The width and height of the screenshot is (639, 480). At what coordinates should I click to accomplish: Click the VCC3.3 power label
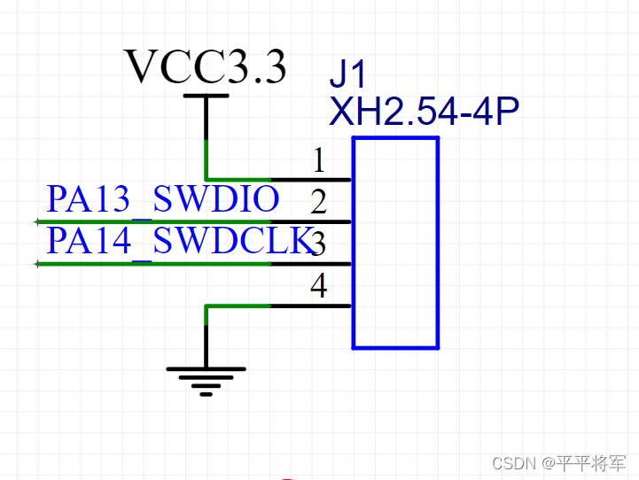(x=206, y=66)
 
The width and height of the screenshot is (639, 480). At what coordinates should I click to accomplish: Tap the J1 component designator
(x=347, y=72)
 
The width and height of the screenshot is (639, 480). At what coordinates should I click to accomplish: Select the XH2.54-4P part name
(x=424, y=112)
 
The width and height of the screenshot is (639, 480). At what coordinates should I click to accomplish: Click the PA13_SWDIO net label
(x=163, y=199)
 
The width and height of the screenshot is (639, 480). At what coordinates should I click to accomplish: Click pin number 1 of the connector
(x=319, y=161)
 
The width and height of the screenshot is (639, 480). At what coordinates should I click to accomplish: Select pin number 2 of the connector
(x=319, y=203)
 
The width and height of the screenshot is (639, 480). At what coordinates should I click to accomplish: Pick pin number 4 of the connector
(x=319, y=285)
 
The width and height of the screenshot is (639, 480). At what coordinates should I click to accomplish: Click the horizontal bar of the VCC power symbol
(x=206, y=96)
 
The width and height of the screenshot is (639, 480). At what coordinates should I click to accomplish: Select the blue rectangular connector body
(x=395, y=243)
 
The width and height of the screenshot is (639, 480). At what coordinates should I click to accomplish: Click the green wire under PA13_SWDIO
(x=151, y=221)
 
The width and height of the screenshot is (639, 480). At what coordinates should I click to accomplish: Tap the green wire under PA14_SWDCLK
(x=151, y=264)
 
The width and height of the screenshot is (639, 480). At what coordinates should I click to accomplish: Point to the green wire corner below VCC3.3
(x=207, y=178)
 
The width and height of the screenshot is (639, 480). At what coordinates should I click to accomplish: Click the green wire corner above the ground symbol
(x=207, y=306)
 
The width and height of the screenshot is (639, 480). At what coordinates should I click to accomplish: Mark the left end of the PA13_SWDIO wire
(x=37, y=221)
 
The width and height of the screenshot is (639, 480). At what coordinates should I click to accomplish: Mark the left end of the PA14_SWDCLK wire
(x=37, y=264)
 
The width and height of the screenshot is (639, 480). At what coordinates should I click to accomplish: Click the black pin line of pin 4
(x=310, y=306)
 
